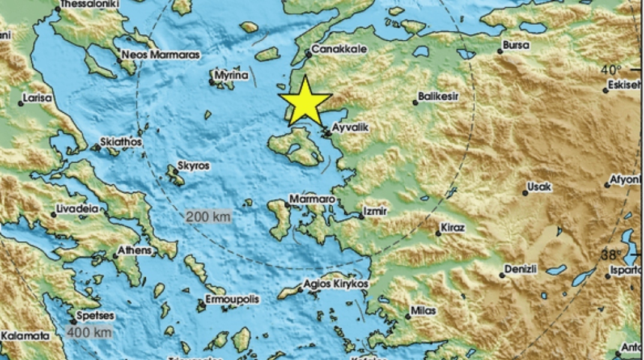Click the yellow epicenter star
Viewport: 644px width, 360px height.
click(305, 101)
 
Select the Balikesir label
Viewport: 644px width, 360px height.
click(438, 96)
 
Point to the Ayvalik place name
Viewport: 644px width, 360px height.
click(350, 127)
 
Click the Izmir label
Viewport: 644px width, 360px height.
click(377, 212)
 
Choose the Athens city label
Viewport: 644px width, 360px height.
click(133, 250)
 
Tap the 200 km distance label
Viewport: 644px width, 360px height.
click(208, 217)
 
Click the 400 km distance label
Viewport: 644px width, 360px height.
click(89, 332)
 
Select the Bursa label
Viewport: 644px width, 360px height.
click(516, 45)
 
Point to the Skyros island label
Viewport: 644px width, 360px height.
click(194, 166)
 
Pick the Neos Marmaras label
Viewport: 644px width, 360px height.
click(160, 55)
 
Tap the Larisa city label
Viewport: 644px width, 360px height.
click(37, 97)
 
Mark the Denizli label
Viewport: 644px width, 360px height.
click(520, 269)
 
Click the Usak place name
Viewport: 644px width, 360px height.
click(540, 187)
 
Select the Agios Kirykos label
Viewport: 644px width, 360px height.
click(335, 283)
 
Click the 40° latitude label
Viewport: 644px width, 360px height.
click(612, 71)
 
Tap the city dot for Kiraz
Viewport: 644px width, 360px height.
click(438, 233)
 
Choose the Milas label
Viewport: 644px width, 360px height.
click(423, 311)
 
